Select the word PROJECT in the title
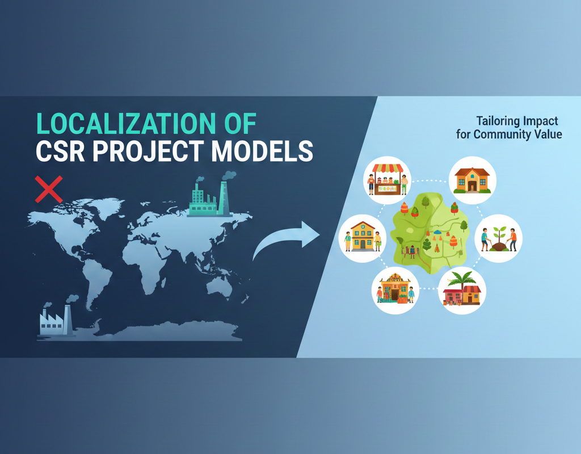click(148, 151)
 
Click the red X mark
click(49, 190)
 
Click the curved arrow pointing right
click(286, 239)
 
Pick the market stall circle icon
click(387, 180)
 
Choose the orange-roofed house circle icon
click(472, 180)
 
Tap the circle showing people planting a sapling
click(498, 239)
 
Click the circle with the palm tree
click(462, 291)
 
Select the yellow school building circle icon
click(363, 239)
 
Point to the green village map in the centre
click(430, 233)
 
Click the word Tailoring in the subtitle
click(497, 121)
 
